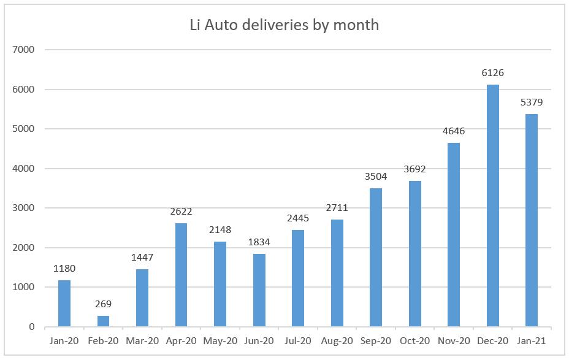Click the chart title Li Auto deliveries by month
283,25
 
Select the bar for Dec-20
492,205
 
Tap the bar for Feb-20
103,321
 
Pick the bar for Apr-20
181,275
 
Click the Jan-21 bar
532,220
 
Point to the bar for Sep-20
376,257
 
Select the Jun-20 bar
259,290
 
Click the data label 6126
492,73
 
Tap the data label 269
103,305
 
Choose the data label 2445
298,218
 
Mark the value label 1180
64,269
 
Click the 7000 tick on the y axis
25,50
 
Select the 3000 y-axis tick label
25,208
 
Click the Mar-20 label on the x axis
142,341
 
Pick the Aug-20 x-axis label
337,341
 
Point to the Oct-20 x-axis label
414,341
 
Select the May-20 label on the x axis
220,341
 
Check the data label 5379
532,102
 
